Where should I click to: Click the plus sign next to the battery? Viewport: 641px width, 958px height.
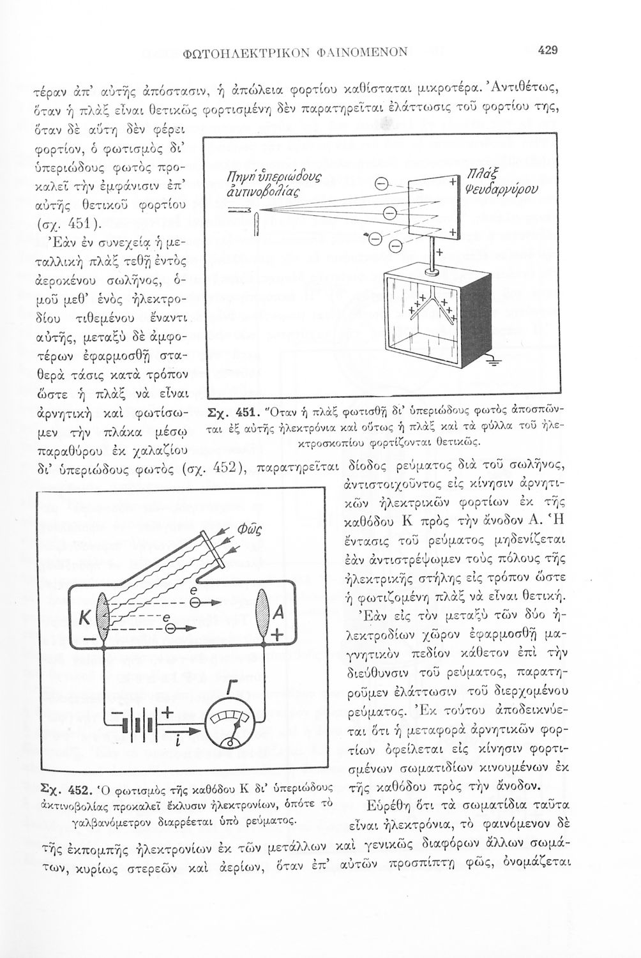169,714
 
